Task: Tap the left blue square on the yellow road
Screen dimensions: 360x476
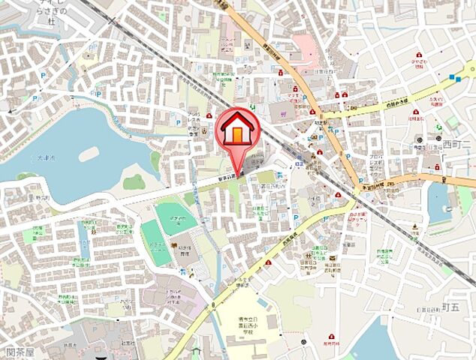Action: [453, 76]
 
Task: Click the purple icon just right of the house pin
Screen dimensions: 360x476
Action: [283, 113]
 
